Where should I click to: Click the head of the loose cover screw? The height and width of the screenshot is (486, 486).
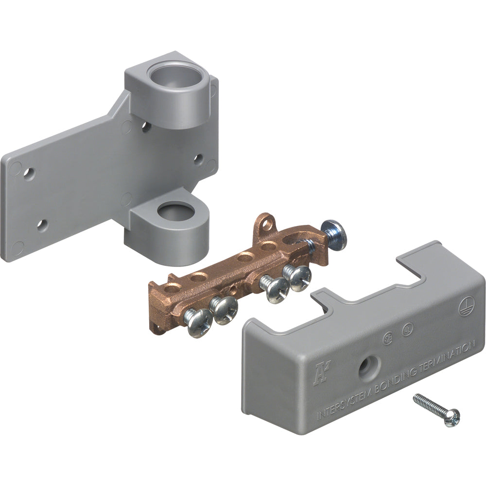451,416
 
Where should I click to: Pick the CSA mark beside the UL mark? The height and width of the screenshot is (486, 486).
387,337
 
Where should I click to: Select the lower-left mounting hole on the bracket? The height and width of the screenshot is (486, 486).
42,225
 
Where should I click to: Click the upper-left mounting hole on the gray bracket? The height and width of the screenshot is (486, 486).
30,173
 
